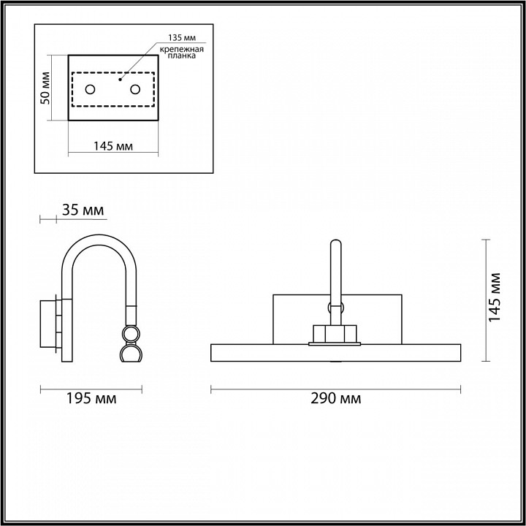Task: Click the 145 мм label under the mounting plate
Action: (x=113, y=146)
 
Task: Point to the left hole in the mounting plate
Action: (x=90, y=89)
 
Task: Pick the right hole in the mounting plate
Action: (x=135, y=89)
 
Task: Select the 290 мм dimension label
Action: (x=337, y=399)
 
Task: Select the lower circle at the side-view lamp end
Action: (x=131, y=355)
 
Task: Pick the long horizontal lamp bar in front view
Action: (x=335, y=354)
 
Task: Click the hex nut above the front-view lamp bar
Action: (x=335, y=333)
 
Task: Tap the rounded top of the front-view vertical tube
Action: (x=335, y=243)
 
